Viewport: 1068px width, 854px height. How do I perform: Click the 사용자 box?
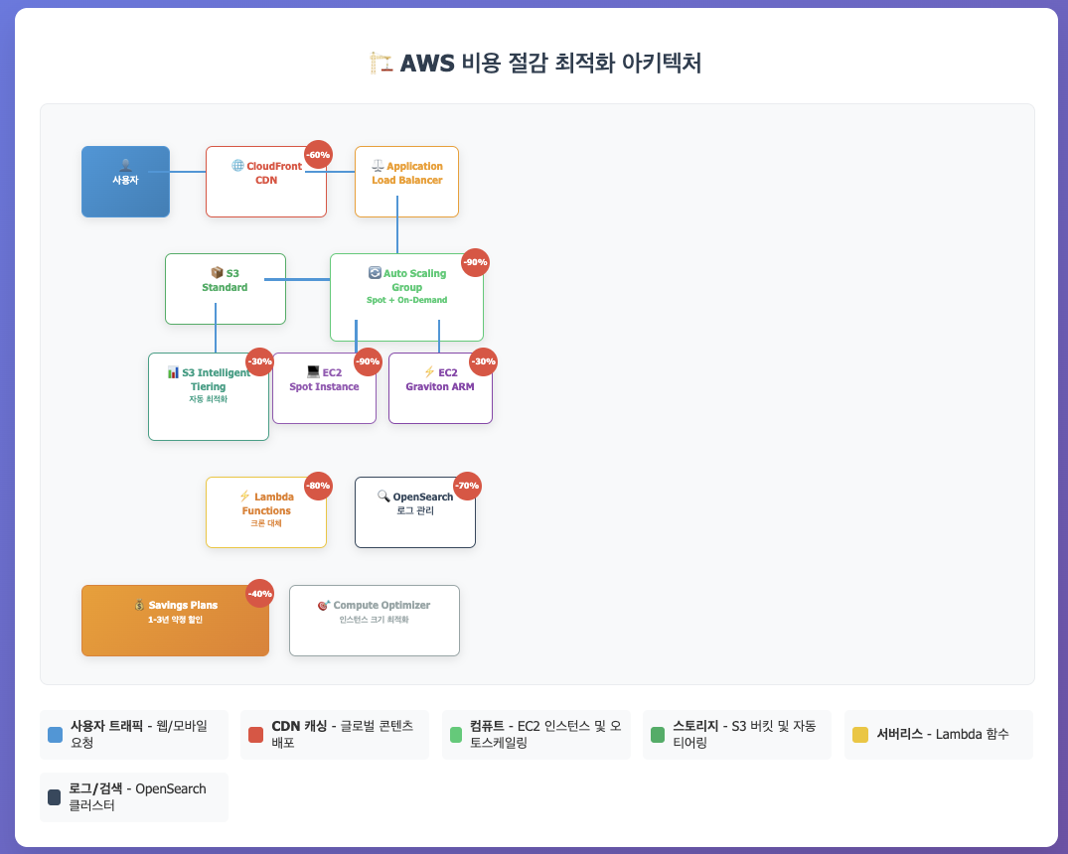[125, 181]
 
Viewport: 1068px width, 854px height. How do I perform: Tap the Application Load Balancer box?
[406, 181]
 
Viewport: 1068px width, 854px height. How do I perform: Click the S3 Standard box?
[225, 288]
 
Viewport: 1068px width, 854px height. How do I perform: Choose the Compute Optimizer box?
[374, 620]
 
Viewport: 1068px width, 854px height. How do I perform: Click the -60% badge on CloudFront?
[318, 155]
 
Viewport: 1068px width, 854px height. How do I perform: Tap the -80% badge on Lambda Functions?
[318, 486]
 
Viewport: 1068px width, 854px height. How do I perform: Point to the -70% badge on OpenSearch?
[467, 486]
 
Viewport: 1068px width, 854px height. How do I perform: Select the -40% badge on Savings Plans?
[259, 593]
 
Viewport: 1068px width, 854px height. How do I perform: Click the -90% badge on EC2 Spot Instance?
[368, 361]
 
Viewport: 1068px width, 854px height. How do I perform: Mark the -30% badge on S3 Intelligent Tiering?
[259, 361]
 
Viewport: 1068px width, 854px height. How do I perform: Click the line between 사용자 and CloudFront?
[188, 172]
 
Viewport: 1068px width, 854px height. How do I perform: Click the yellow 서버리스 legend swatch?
[860, 735]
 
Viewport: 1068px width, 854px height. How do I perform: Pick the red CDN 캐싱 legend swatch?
[255, 735]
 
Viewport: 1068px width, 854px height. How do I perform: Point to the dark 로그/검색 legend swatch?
[55, 797]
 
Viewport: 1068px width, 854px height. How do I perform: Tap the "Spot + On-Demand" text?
[406, 300]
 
